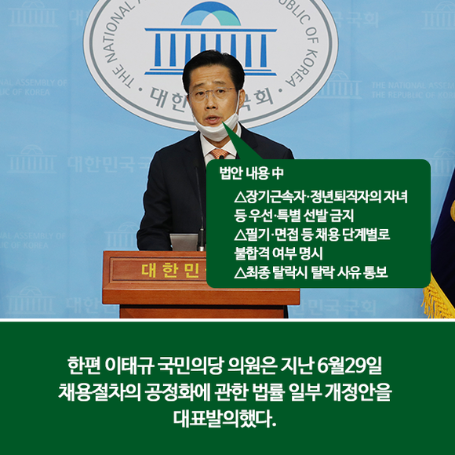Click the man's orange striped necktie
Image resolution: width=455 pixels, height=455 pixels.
click(x=220, y=153)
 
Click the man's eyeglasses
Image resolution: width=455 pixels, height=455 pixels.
click(x=211, y=93)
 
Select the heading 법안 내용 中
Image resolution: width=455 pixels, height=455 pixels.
click(x=251, y=173)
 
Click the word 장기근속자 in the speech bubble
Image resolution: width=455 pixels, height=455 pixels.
click(x=275, y=197)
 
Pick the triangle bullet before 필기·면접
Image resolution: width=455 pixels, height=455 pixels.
click(x=240, y=235)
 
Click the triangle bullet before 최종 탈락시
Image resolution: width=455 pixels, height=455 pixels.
click(x=240, y=273)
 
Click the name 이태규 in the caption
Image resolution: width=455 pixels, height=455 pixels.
click(x=129, y=366)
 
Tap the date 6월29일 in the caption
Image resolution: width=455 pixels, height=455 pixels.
click(x=349, y=366)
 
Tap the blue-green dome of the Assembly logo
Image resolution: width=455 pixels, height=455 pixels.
click(x=211, y=14)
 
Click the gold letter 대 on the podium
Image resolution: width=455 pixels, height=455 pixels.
click(x=149, y=270)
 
